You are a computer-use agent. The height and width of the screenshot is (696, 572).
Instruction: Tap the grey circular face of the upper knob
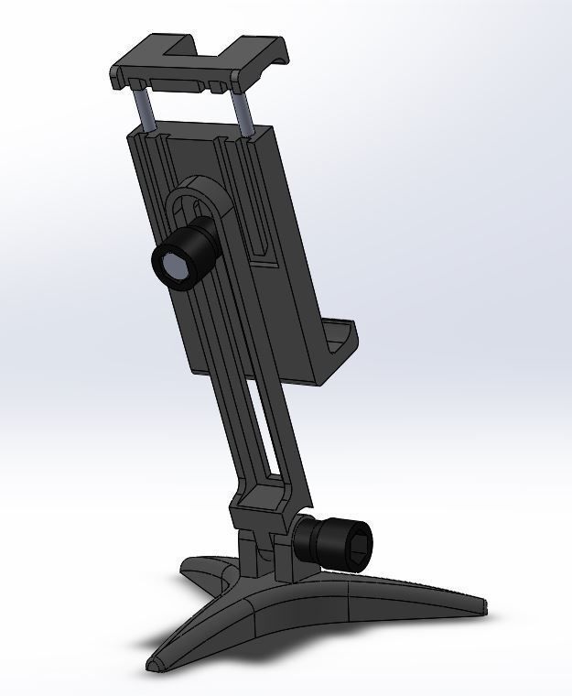(173, 267)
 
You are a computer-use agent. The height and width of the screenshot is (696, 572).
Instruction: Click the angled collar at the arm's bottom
(261, 500)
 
